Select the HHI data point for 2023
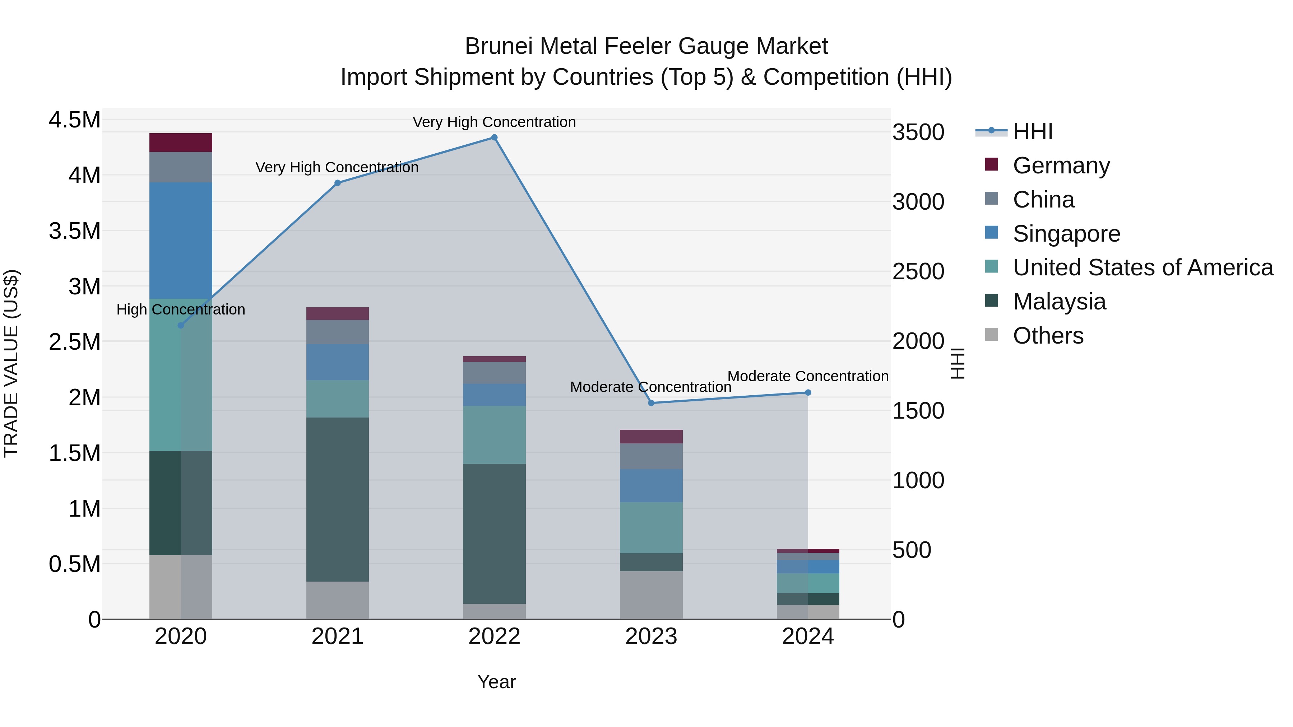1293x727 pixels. (651, 403)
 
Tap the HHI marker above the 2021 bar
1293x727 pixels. (337, 183)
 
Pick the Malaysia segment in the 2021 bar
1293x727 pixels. (337, 499)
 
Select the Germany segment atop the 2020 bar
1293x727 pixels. (181, 143)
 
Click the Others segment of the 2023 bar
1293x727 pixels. (651, 595)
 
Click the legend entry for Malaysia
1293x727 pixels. (1059, 302)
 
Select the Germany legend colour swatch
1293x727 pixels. (991, 164)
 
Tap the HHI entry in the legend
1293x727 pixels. (1033, 131)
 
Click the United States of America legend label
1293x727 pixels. (1143, 267)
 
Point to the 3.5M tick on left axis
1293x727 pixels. (74, 231)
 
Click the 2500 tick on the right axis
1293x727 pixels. (918, 271)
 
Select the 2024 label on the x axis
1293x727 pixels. (808, 637)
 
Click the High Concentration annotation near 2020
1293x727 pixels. (181, 309)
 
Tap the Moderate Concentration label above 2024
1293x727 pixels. (808, 376)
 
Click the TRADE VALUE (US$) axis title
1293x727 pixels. (11, 363)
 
